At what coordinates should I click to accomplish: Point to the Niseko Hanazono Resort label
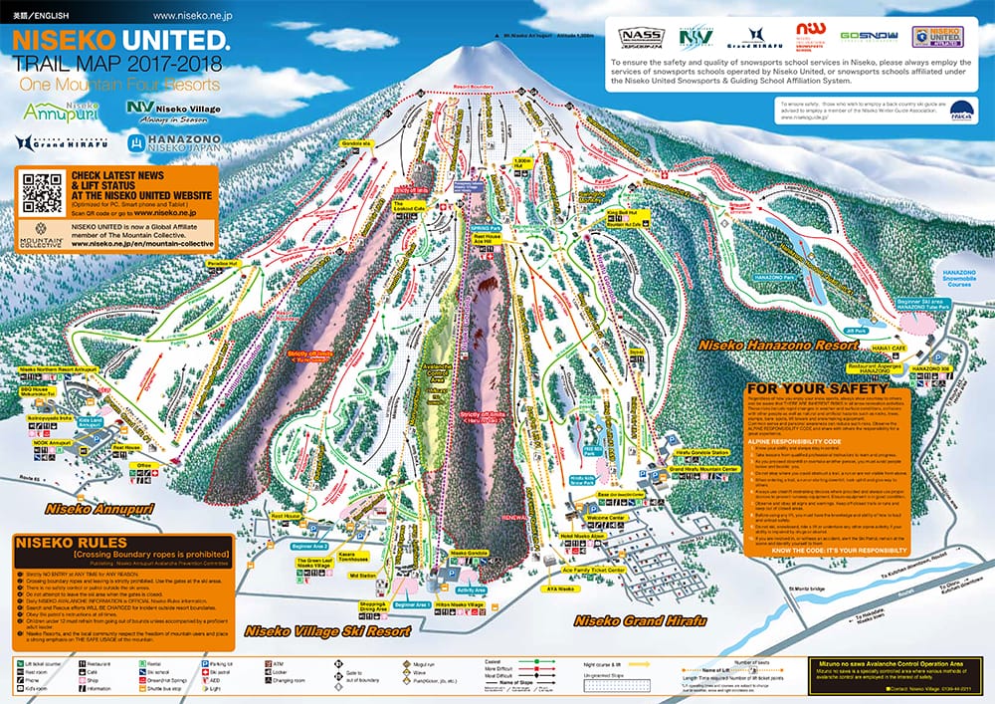click(x=779, y=345)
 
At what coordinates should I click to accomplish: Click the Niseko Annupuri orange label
click(x=79, y=509)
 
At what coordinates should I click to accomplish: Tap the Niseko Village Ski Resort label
click(x=327, y=631)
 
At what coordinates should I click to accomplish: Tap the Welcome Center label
click(x=605, y=518)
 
